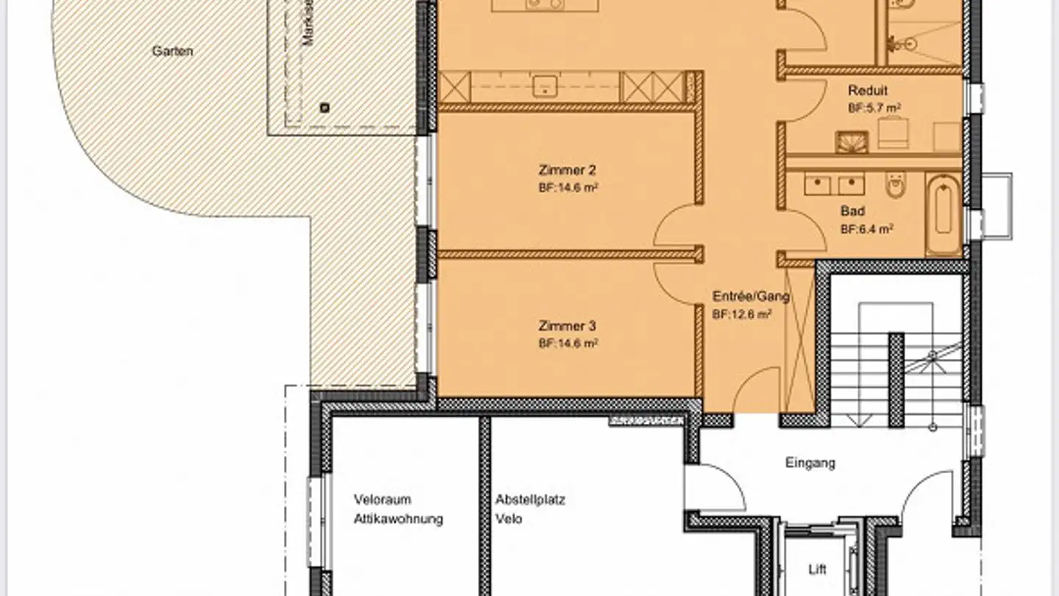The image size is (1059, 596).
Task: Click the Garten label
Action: pos(172,52)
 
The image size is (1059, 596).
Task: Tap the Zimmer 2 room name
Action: pos(567,171)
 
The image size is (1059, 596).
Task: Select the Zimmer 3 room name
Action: pos(567,326)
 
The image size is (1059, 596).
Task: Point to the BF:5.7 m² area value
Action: pos(874,107)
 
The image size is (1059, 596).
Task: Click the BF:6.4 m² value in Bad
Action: pos(866,229)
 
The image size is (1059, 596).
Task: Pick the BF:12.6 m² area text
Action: pos(741,314)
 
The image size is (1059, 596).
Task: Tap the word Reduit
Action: pos(868,91)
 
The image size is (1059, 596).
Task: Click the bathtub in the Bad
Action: pos(943,214)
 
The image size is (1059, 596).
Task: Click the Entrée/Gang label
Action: pos(751,297)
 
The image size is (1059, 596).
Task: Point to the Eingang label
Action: pos(810,464)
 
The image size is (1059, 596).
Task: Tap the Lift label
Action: pos(817,570)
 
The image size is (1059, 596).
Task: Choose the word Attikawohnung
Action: pos(398,519)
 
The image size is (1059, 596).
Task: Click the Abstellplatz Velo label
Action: pos(529,509)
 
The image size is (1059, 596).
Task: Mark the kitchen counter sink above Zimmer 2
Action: pos(544,86)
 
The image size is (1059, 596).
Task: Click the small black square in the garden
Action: pos(324,108)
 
